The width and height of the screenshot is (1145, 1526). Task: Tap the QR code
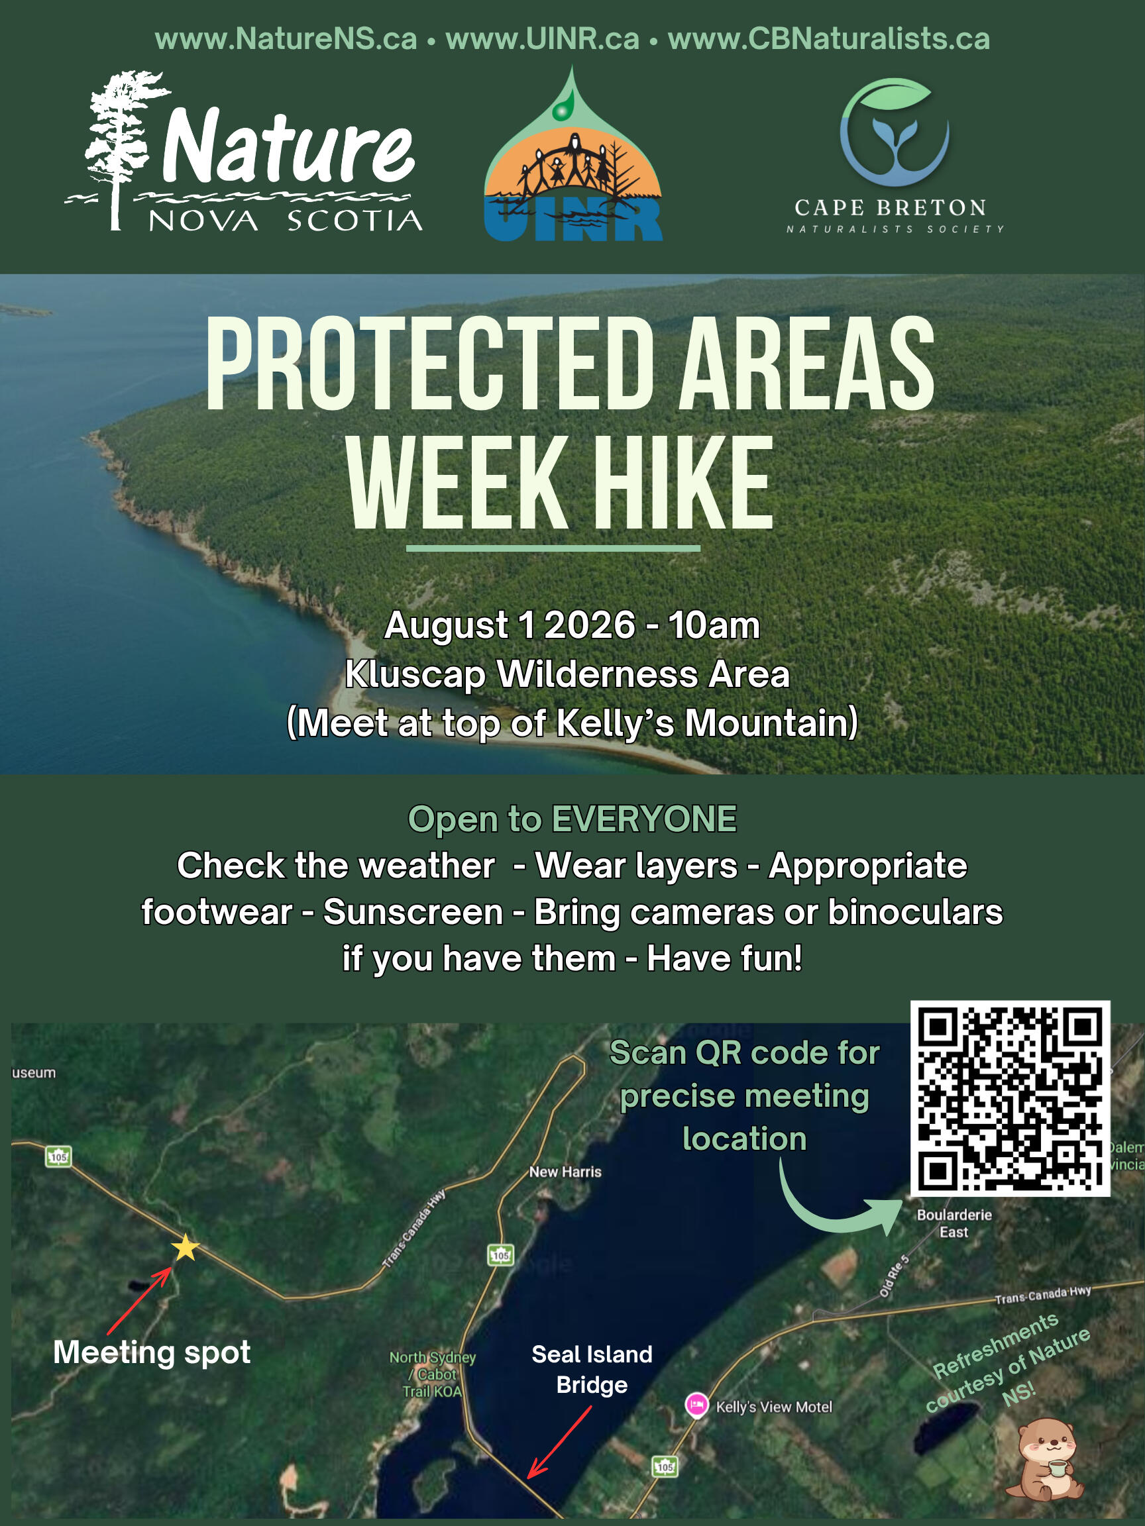click(x=1010, y=1098)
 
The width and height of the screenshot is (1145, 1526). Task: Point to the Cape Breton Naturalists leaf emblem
click(x=895, y=132)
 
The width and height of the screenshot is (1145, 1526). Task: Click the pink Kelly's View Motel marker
click(x=696, y=1405)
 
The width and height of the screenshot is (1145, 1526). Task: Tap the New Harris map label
click(x=565, y=1172)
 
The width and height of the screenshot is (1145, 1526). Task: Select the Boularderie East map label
click(x=954, y=1223)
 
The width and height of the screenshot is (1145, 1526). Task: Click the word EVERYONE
click(x=645, y=819)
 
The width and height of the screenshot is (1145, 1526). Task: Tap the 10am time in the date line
click(x=714, y=626)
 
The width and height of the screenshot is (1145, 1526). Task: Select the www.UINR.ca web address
click(x=543, y=38)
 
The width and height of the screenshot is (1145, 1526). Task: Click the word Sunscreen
click(x=413, y=912)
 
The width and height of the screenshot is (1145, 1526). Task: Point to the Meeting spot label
click(x=152, y=1353)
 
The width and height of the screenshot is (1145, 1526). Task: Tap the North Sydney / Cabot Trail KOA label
click(x=433, y=1374)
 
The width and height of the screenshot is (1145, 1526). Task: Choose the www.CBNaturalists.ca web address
click(x=829, y=38)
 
